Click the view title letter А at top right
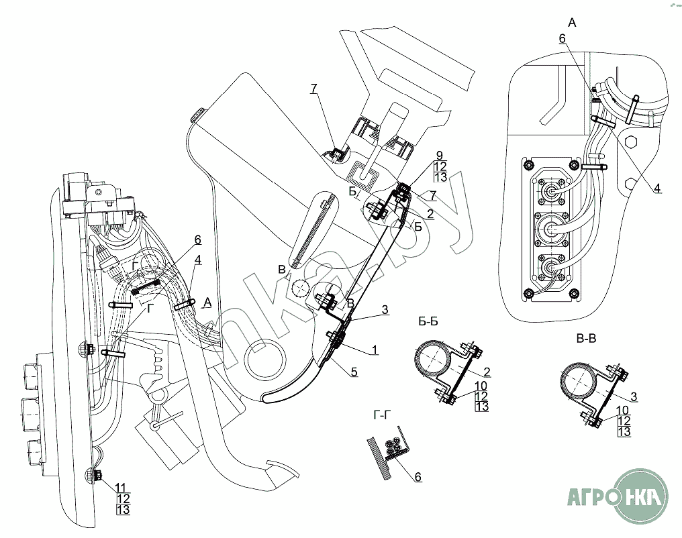pyautogui.click(x=572, y=22)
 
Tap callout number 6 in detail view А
pyautogui.click(x=563, y=39)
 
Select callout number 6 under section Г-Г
pyautogui.click(x=417, y=477)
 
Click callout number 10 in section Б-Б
pyautogui.click(x=481, y=385)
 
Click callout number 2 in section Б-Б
pyautogui.click(x=487, y=370)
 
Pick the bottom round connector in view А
pyautogui.click(x=552, y=268)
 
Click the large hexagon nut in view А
pyautogui.click(x=630, y=142)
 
